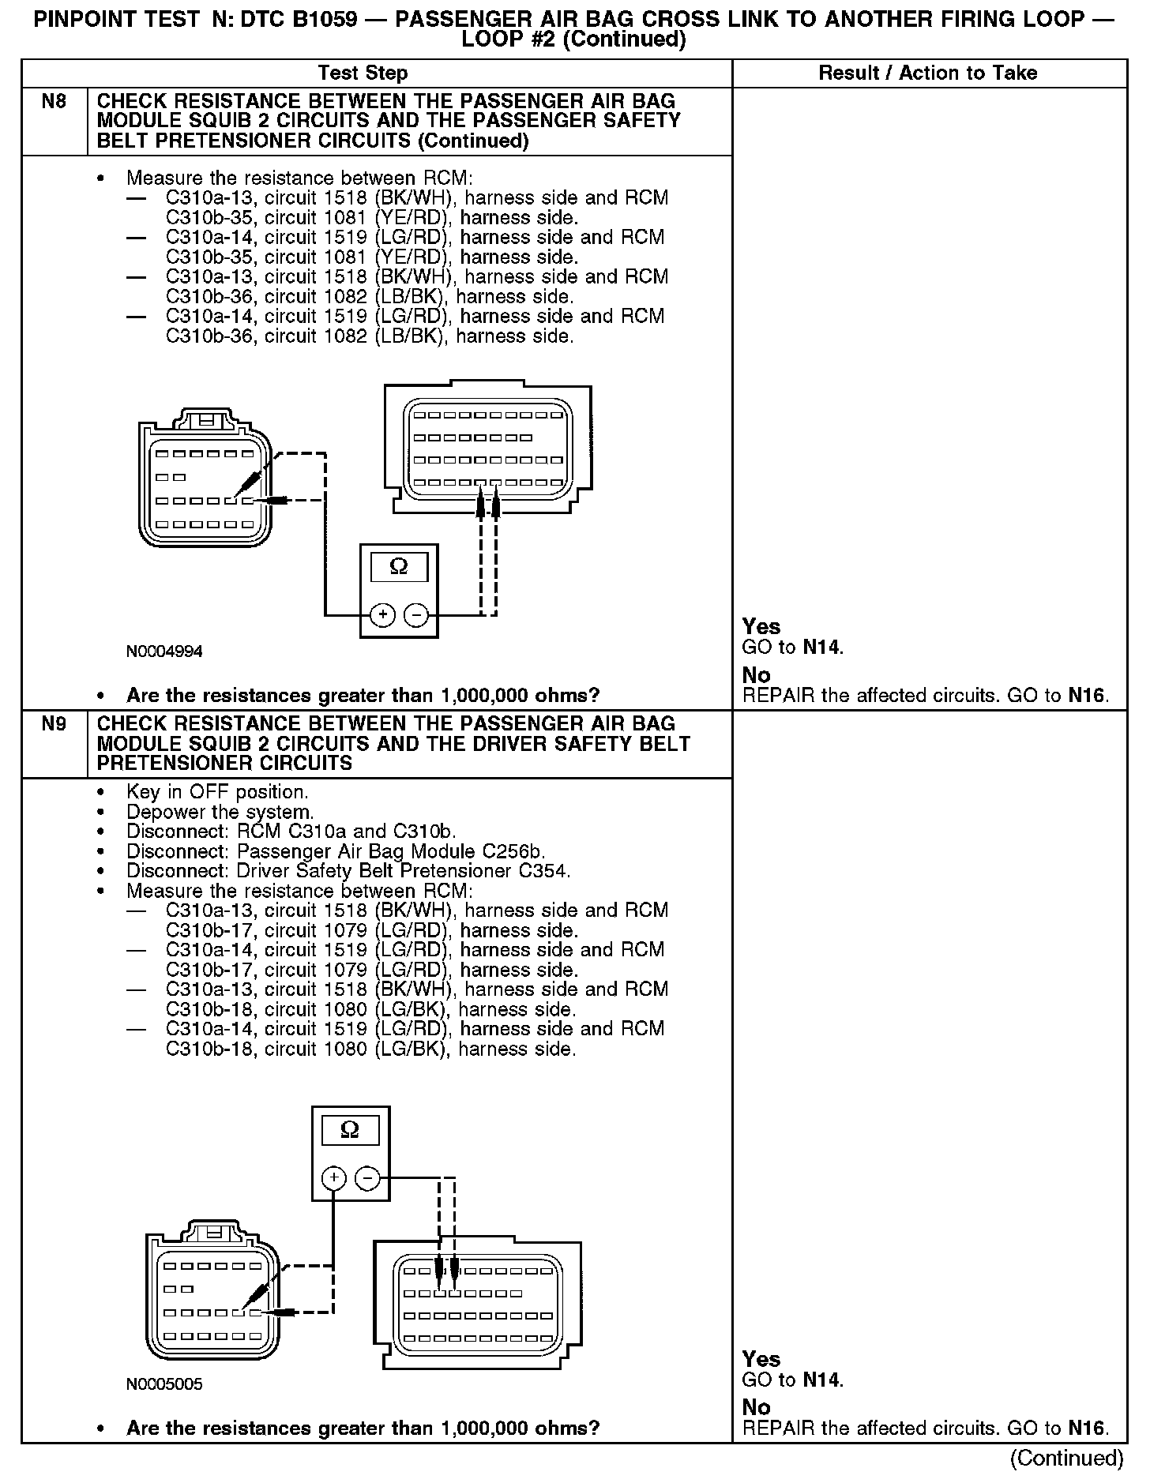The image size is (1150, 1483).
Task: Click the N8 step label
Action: pyautogui.click(x=54, y=101)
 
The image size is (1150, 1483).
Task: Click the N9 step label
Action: pyautogui.click(x=54, y=724)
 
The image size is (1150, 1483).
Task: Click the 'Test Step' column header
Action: pyautogui.click(x=363, y=73)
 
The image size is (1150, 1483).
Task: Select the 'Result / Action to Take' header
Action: pyautogui.click(x=927, y=73)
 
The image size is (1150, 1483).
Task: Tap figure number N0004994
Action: pyautogui.click(x=164, y=651)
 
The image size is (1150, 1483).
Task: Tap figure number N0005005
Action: pyautogui.click(x=164, y=1384)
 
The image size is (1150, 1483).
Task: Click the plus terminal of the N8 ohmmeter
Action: pyautogui.click(x=382, y=614)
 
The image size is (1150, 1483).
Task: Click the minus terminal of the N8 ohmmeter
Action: pyautogui.click(x=416, y=614)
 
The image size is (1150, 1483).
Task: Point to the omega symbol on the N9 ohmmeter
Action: pyautogui.click(x=350, y=1131)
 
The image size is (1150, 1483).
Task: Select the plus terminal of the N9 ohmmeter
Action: pyautogui.click(x=334, y=1179)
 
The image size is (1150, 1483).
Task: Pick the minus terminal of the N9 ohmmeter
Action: pyautogui.click(x=367, y=1179)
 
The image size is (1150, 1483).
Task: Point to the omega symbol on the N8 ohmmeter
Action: pyautogui.click(x=399, y=567)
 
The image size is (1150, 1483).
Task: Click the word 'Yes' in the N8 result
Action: pyautogui.click(x=761, y=627)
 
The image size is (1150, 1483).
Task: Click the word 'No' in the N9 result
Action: pyautogui.click(x=756, y=1407)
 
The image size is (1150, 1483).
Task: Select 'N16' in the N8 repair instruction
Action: pyautogui.click(x=1087, y=696)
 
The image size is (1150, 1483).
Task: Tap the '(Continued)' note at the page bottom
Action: pyautogui.click(x=1066, y=1458)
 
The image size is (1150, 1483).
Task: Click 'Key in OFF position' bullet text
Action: pyautogui.click(x=217, y=792)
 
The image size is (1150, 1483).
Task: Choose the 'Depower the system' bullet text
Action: pyautogui.click(x=220, y=812)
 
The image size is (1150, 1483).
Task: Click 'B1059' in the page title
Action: pyautogui.click(x=329, y=20)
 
